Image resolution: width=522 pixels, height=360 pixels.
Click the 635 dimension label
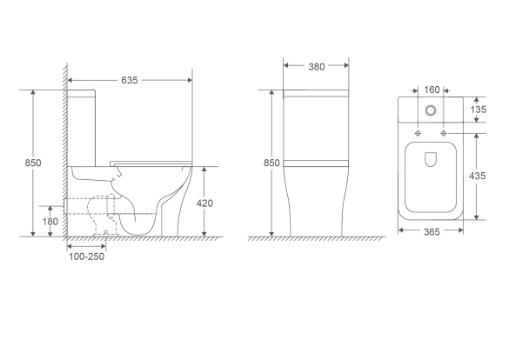click(129, 80)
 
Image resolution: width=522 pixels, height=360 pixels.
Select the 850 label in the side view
click(33, 163)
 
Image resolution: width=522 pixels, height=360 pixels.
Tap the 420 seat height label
click(204, 203)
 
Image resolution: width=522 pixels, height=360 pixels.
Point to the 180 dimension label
click(50, 221)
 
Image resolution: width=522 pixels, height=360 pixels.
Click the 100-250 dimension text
click(86, 257)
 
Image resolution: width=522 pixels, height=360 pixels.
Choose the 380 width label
click(317, 67)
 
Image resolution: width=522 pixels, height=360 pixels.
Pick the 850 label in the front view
click(271, 163)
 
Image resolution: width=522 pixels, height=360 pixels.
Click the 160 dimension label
click(432, 90)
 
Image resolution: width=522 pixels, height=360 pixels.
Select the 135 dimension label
click(478, 110)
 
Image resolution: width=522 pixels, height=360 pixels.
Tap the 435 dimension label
click(478, 176)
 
